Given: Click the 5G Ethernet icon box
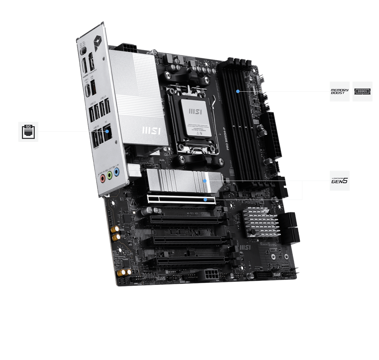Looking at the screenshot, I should coord(28,131).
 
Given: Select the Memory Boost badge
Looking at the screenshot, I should coord(340,91).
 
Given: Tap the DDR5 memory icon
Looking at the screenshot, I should coord(362,91).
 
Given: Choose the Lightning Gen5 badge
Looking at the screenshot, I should coord(340,181).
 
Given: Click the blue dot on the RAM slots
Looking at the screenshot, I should coord(238,91).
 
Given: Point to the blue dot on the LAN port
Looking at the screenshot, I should coord(107,131).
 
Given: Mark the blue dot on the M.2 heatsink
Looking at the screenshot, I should coord(205,181).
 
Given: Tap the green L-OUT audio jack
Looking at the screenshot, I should coord(110,175).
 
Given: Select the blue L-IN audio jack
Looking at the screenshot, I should coord(117,173).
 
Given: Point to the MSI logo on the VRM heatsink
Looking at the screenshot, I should coord(151,130).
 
